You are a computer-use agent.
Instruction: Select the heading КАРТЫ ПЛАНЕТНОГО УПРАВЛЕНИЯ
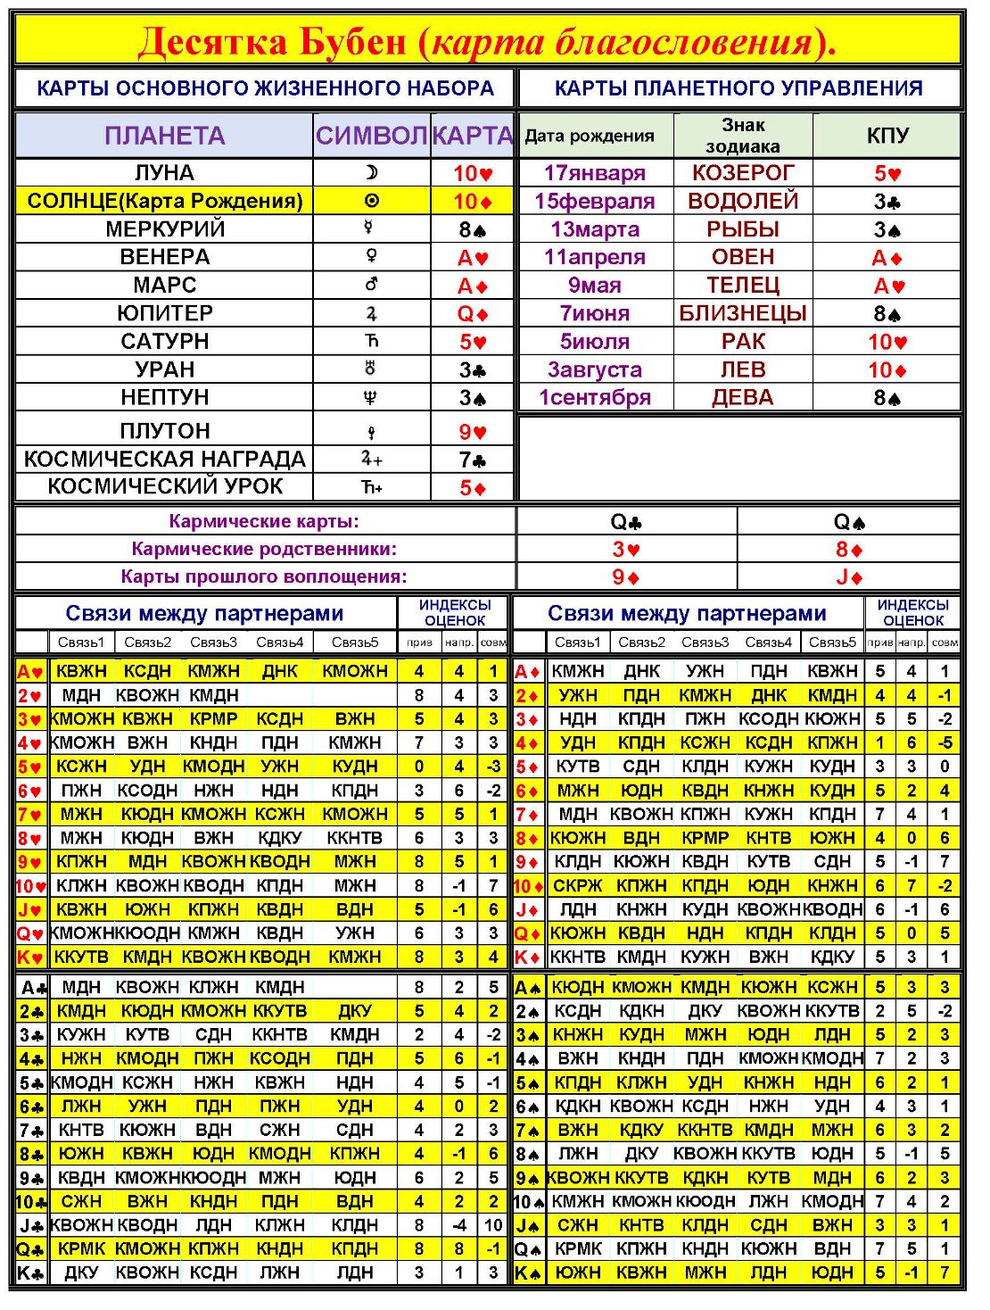coord(738,88)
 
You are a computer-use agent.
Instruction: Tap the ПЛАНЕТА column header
coord(165,136)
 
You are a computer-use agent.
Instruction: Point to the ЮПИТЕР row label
coord(165,313)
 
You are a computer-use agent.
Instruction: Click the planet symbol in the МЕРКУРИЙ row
coord(371,228)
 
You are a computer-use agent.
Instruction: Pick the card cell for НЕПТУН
coord(473,398)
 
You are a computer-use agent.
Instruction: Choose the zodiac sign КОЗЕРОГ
coord(743,172)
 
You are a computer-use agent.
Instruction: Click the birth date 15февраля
coord(595,201)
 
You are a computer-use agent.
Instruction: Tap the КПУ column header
coord(887,136)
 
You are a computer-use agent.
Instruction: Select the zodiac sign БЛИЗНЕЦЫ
coord(743,313)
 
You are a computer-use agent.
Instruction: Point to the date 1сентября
coord(595,398)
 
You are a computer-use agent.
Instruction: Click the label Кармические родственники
coord(264,549)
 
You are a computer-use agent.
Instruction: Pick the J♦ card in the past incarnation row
coord(849,577)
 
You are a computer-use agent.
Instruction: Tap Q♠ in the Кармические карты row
coord(849,522)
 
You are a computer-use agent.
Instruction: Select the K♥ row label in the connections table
coord(30,958)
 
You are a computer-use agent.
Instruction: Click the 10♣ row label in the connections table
coord(31,1202)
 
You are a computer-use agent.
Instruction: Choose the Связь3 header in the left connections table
coord(213,642)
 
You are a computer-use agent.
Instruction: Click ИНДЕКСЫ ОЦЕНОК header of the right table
coord(913,613)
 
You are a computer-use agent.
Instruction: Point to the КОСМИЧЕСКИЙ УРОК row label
coord(165,486)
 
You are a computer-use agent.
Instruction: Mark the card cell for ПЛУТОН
coord(473,432)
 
